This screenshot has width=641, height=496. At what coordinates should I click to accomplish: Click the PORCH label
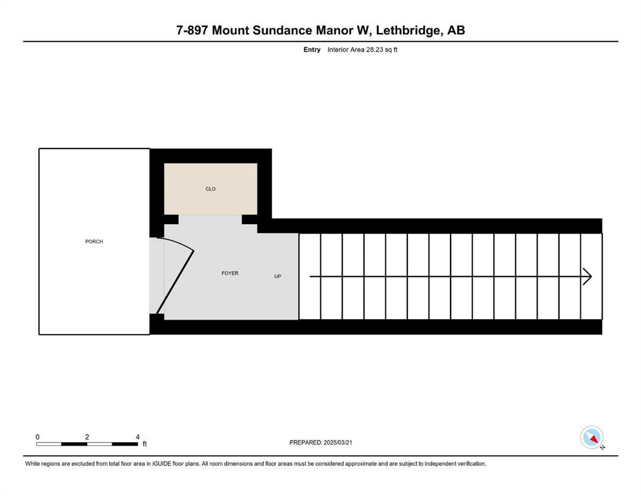tap(94, 242)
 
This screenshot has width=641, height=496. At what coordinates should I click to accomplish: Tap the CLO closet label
tap(210, 189)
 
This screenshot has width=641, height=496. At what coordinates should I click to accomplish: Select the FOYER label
tap(230, 273)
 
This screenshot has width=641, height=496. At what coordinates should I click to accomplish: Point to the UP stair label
tap(278, 276)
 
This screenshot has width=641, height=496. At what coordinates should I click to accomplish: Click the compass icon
tap(591, 437)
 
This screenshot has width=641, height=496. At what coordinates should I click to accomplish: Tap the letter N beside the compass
tap(602, 447)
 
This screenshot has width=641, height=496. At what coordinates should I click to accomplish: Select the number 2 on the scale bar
tap(87, 437)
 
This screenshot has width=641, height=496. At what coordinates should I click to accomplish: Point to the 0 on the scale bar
tap(37, 437)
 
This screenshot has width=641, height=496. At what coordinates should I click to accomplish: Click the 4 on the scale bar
tap(137, 437)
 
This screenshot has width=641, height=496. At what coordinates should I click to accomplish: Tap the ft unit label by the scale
tap(145, 444)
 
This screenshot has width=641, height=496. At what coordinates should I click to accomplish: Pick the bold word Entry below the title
tap(312, 50)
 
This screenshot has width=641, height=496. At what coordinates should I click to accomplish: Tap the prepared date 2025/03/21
tap(338, 442)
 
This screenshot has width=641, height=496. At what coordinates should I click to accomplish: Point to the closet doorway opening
tap(210, 219)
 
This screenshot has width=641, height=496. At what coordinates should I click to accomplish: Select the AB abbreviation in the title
tap(456, 30)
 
